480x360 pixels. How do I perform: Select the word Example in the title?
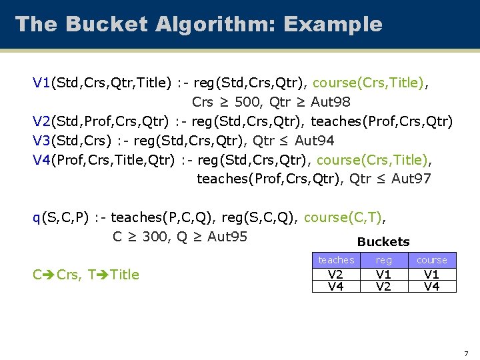click(x=333, y=25)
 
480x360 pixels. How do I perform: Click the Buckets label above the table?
click(x=383, y=242)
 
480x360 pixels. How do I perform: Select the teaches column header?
click(x=336, y=260)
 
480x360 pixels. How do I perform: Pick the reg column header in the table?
click(x=384, y=260)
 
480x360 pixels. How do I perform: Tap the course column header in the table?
click(x=432, y=260)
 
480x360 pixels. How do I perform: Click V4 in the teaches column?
click(x=336, y=286)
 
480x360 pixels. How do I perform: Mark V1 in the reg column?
click(x=384, y=275)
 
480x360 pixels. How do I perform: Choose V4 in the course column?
click(x=432, y=286)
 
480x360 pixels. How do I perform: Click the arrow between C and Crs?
click(x=48, y=274)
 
